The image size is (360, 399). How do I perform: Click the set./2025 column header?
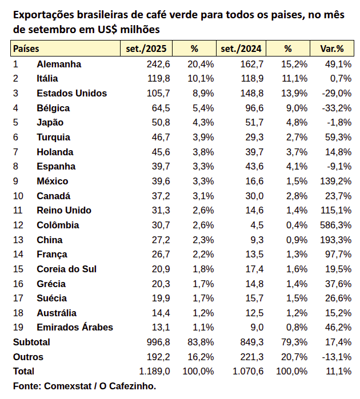pos(146,49)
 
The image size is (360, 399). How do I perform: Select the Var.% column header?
pos(331,49)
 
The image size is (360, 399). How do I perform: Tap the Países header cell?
pos(26,49)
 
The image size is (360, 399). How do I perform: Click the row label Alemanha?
pos(59,64)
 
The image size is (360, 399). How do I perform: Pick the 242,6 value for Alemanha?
pos(158,64)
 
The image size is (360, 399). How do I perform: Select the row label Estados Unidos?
pos(71,93)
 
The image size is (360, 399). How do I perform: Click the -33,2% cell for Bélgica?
pos(336,108)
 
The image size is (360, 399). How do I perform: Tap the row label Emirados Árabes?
pos(74,327)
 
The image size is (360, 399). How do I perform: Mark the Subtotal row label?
pos(32,342)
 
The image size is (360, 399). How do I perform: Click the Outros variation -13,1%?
pos(336,357)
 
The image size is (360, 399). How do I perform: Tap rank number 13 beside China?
pos(18,240)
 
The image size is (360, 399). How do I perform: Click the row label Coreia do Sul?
pos(66,269)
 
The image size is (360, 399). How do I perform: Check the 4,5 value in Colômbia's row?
pos(257,225)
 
